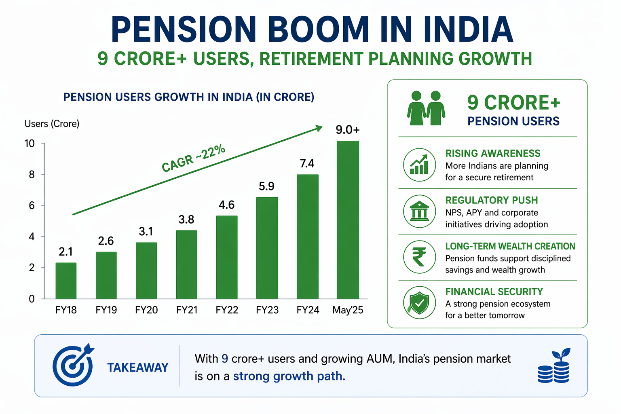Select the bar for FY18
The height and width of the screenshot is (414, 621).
click(x=66, y=281)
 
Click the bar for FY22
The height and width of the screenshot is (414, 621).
click(x=227, y=257)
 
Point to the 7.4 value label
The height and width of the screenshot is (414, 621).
click(x=307, y=164)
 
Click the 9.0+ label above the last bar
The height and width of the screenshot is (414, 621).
click(x=348, y=130)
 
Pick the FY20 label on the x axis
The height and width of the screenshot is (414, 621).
click(x=146, y=310)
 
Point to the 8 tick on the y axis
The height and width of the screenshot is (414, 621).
click(x=32, y=175)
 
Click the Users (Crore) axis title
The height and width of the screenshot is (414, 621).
click(x=52, y=124)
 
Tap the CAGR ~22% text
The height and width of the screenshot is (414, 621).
click(x=193, y=158)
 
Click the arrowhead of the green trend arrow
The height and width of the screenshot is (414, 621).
click(x=319, y=128)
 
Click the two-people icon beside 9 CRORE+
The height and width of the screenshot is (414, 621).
click(x=426, y=108)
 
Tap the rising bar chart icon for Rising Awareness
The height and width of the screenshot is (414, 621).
click(x=419, y=165)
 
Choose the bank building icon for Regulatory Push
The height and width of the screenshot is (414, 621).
click(x=419, y=211)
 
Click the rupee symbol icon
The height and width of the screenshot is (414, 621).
click(x=419, y=257)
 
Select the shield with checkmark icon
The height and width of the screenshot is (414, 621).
click(x=419, y=303)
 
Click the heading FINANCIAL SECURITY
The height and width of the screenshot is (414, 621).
click(x=494, y=292)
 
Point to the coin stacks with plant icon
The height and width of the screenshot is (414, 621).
click(x=554, y=366)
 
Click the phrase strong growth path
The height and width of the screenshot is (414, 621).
click(x=289, y=376)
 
